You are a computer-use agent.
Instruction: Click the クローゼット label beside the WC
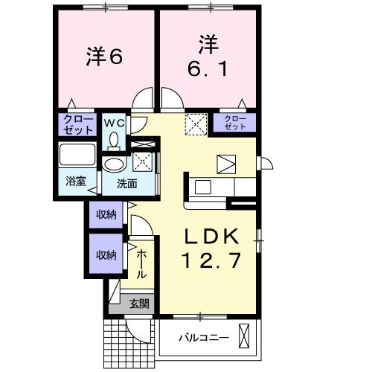(x=78, y=124)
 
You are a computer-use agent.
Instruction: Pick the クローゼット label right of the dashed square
(x=235, y=123)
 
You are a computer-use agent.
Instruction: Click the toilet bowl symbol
(x=114, y=138)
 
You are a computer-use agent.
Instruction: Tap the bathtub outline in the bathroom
(x=77, y=157)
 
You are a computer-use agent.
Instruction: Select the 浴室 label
(x=76, y=181)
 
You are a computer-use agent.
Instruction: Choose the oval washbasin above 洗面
(x=114, y=165)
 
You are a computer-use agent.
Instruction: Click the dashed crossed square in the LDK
(x=196, y=122)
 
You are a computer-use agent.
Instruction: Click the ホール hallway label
(x=141, y=264)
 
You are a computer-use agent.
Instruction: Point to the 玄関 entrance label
(x=139, y=303)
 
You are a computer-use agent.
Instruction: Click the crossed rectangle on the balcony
(x=243, y=337)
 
